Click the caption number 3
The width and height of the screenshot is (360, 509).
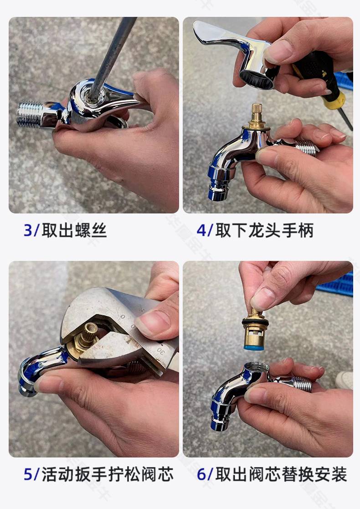click(28, 230)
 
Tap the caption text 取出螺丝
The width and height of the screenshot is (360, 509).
click(74, 230)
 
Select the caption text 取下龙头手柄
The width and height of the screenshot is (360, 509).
click(264, 230)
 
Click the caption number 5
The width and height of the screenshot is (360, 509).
click(28, 474)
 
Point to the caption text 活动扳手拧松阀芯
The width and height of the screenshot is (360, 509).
click(108, 474)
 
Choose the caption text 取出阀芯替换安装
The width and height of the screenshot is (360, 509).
click(281, 474)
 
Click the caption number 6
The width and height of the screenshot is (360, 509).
click(201, 474)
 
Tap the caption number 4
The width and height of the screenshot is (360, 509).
click(201, 230)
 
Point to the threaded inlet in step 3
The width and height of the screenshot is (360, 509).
click(30, 114)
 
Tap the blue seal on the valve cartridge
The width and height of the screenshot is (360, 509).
click(254, 348)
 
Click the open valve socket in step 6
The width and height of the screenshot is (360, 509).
click(257, 367)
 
